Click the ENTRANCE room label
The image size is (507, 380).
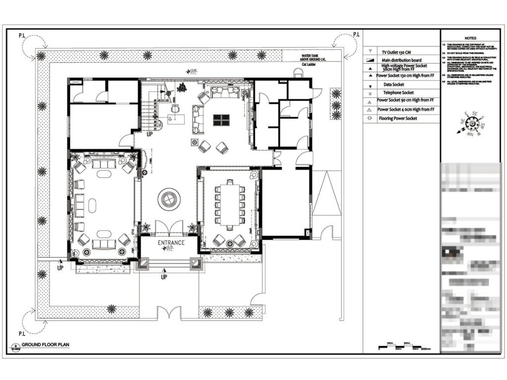pos(171,243)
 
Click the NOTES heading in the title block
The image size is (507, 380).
pos(470,38)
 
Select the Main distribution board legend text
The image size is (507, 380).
pos(401,59)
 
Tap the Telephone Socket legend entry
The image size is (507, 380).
pos(398,93)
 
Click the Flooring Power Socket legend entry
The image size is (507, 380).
pos(398,118)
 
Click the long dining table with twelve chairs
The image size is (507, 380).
pos(230,204)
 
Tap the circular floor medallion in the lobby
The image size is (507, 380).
pos(169,200)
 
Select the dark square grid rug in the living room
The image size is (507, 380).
pos(221,120)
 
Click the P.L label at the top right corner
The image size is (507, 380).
pos(356,34)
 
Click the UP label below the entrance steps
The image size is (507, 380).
pos(164,277)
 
